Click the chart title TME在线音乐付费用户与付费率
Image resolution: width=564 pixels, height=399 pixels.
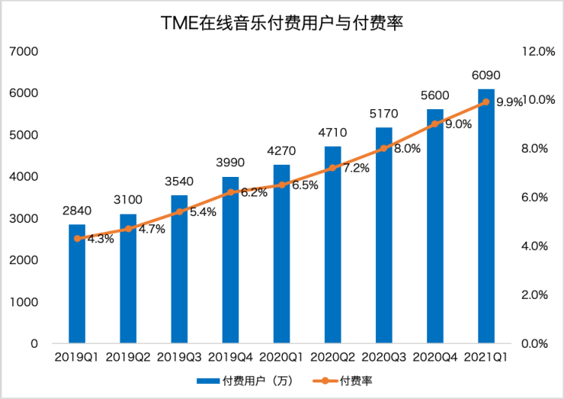pos(282,23)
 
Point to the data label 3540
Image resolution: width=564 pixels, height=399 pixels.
pos(179,181)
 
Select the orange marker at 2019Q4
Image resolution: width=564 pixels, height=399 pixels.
pos(231,193)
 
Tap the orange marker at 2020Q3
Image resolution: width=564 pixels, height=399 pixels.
pos(384,148)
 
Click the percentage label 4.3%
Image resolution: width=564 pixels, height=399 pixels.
pos(101,239)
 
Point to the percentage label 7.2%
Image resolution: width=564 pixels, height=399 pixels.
pos(356,168)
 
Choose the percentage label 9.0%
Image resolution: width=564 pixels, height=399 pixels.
pos(458,124)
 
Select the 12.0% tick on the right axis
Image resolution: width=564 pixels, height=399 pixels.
pos(538,51)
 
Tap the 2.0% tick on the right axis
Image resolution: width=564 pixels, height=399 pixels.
pos(538,295)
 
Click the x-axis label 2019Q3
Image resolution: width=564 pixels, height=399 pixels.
pos(180,357)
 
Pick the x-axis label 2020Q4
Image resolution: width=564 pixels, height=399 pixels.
pos(435,357)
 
